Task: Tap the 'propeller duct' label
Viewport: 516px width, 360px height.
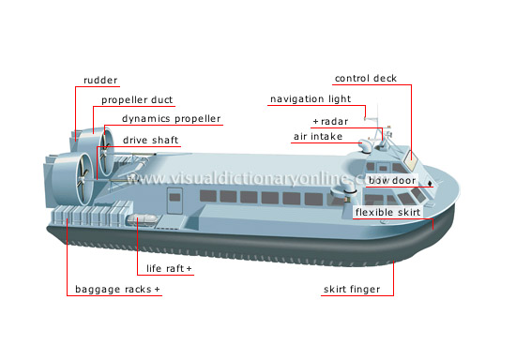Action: pos(137,99)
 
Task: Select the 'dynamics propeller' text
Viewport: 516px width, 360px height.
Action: pos(172,119)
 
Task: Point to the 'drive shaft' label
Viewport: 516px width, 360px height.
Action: pos(150,141)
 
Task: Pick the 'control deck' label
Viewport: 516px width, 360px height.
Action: pos(372,78)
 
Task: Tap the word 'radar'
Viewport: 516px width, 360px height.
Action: pos(333,122)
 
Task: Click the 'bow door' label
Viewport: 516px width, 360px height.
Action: pos(391,179)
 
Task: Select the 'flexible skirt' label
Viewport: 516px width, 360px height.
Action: pos(388,212)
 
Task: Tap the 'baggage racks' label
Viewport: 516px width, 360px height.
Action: pos(113,290)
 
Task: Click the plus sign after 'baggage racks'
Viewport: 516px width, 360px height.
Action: pos(158,290)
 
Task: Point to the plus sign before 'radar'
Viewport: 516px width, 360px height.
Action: pos(316,122)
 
